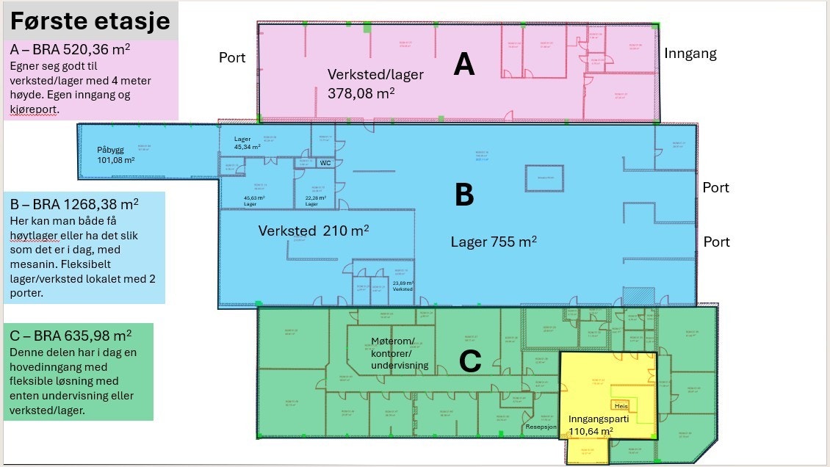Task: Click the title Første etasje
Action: [x=90, y=22]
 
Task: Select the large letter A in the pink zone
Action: [x=464, y=65]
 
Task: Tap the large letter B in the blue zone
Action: [x=463, y=195]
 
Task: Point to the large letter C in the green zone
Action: [x=469, y=361]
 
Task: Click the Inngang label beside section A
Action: [x=690, y=53]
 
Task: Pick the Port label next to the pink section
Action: [x=232, y=58]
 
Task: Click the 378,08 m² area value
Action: [x=361, y=93]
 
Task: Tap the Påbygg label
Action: [x=111, y=150]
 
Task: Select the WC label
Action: [x=325, y=164]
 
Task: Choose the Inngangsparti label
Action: [x=596, y=419]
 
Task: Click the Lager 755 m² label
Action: [x=494, y=241]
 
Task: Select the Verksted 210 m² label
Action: [x=313, y=231]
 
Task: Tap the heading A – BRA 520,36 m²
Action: [x=71, y=50]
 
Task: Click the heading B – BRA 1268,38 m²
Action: [x=74, y=203]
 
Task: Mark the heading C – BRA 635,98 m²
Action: [x=71, y=336]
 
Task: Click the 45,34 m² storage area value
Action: [x=248, y=147]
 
